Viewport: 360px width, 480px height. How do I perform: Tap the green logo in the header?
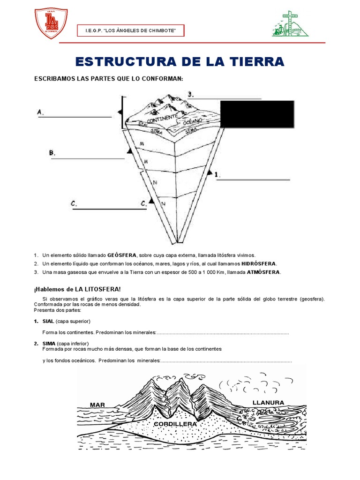291,24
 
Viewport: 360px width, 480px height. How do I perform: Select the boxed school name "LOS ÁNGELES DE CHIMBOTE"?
131,31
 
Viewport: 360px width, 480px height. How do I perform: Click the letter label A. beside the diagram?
40,112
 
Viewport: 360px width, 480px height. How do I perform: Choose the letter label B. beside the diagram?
52,153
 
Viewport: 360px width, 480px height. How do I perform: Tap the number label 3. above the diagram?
190,95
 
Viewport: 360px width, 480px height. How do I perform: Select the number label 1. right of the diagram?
217,174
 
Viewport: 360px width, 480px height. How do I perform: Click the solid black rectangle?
257,114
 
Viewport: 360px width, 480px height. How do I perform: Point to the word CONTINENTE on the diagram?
162,118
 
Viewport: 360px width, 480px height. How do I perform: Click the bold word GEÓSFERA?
122,255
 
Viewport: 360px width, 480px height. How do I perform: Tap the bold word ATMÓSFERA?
263,272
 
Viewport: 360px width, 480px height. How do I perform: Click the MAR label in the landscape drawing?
97,405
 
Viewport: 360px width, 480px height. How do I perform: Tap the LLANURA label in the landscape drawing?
268,402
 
